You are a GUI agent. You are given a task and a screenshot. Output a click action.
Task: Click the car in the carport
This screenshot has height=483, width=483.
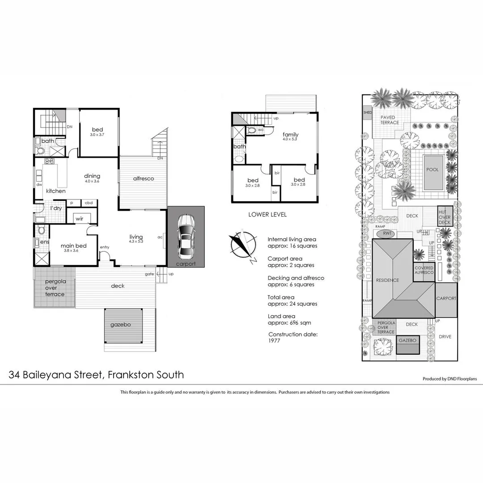coord(186,237)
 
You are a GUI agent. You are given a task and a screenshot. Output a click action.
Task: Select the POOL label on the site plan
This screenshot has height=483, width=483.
coord(432,170)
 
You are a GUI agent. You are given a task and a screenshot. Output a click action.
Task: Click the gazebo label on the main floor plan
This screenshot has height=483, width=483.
coord(121,325)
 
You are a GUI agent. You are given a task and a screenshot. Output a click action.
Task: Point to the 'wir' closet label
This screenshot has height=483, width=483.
coord(79,219)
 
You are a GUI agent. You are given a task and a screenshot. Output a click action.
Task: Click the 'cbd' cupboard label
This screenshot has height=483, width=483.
coord(89,203)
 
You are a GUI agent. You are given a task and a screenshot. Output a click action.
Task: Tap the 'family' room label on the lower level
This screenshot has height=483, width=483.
coord(290,135)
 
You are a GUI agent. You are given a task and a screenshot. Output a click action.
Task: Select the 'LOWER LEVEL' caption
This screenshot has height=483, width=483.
coord(267,215)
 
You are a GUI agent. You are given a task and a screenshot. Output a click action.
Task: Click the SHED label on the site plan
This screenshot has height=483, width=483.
coord(368,113)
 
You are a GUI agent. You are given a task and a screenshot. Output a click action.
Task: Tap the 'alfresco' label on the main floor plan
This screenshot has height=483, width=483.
coord(144,178)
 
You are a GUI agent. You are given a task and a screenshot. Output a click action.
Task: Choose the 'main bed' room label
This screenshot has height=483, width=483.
coord(73,246)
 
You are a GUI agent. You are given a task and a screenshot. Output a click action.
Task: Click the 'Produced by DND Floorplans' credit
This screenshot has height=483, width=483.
coord(449,379)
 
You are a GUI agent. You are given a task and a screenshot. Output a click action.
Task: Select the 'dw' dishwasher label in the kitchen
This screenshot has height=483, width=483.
coord(39,184)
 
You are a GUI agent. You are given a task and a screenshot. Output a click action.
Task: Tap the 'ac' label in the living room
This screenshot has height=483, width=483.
coord(160,237)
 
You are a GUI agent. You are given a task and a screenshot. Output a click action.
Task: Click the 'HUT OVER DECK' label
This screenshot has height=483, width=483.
coord(445,217)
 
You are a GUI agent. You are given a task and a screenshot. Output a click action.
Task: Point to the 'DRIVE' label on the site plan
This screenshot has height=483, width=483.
coord(445,337)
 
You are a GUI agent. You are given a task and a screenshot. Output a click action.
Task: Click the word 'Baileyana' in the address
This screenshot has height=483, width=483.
coord(62,375)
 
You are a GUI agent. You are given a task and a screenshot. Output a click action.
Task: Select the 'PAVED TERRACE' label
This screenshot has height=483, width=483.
coord(389,120)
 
